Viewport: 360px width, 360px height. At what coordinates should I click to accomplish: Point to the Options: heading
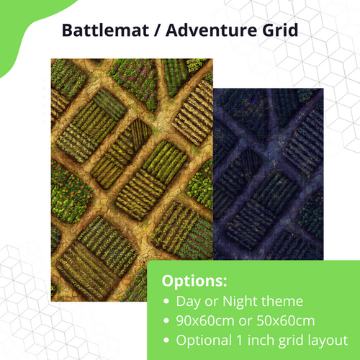pyautogui.click(x=193, y=280)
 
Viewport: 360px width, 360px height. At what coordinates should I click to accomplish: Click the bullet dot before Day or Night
pyautogui.click(x=168, y=301)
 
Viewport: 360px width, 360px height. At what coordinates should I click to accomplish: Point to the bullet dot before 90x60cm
pyautogui.click(x=168, y=321)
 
